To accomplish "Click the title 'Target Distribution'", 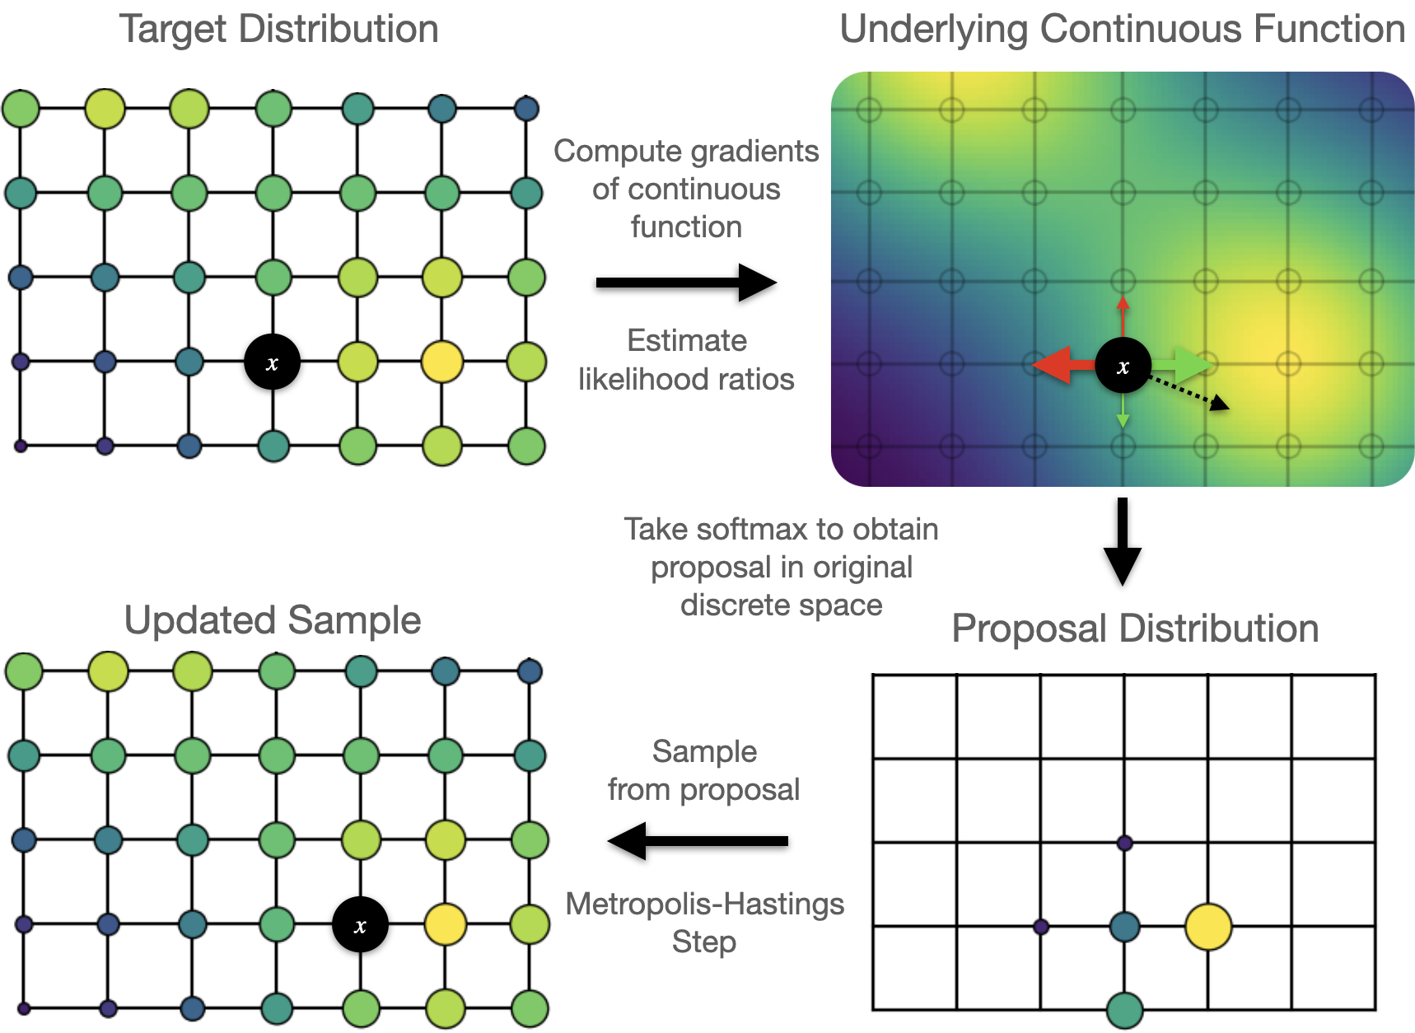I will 279,30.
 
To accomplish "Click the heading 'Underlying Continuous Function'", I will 1122,30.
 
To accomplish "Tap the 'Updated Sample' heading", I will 273,620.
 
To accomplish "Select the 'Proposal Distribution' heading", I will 1135,629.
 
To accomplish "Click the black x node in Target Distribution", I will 272,362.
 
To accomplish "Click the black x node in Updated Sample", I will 360,925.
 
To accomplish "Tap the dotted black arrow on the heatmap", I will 1190,392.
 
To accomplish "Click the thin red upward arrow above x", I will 1123,315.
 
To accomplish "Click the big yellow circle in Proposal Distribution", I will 1208,927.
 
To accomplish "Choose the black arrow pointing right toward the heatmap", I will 685,283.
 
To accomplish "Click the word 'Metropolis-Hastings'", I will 705,904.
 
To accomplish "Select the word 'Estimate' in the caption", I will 687,341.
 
